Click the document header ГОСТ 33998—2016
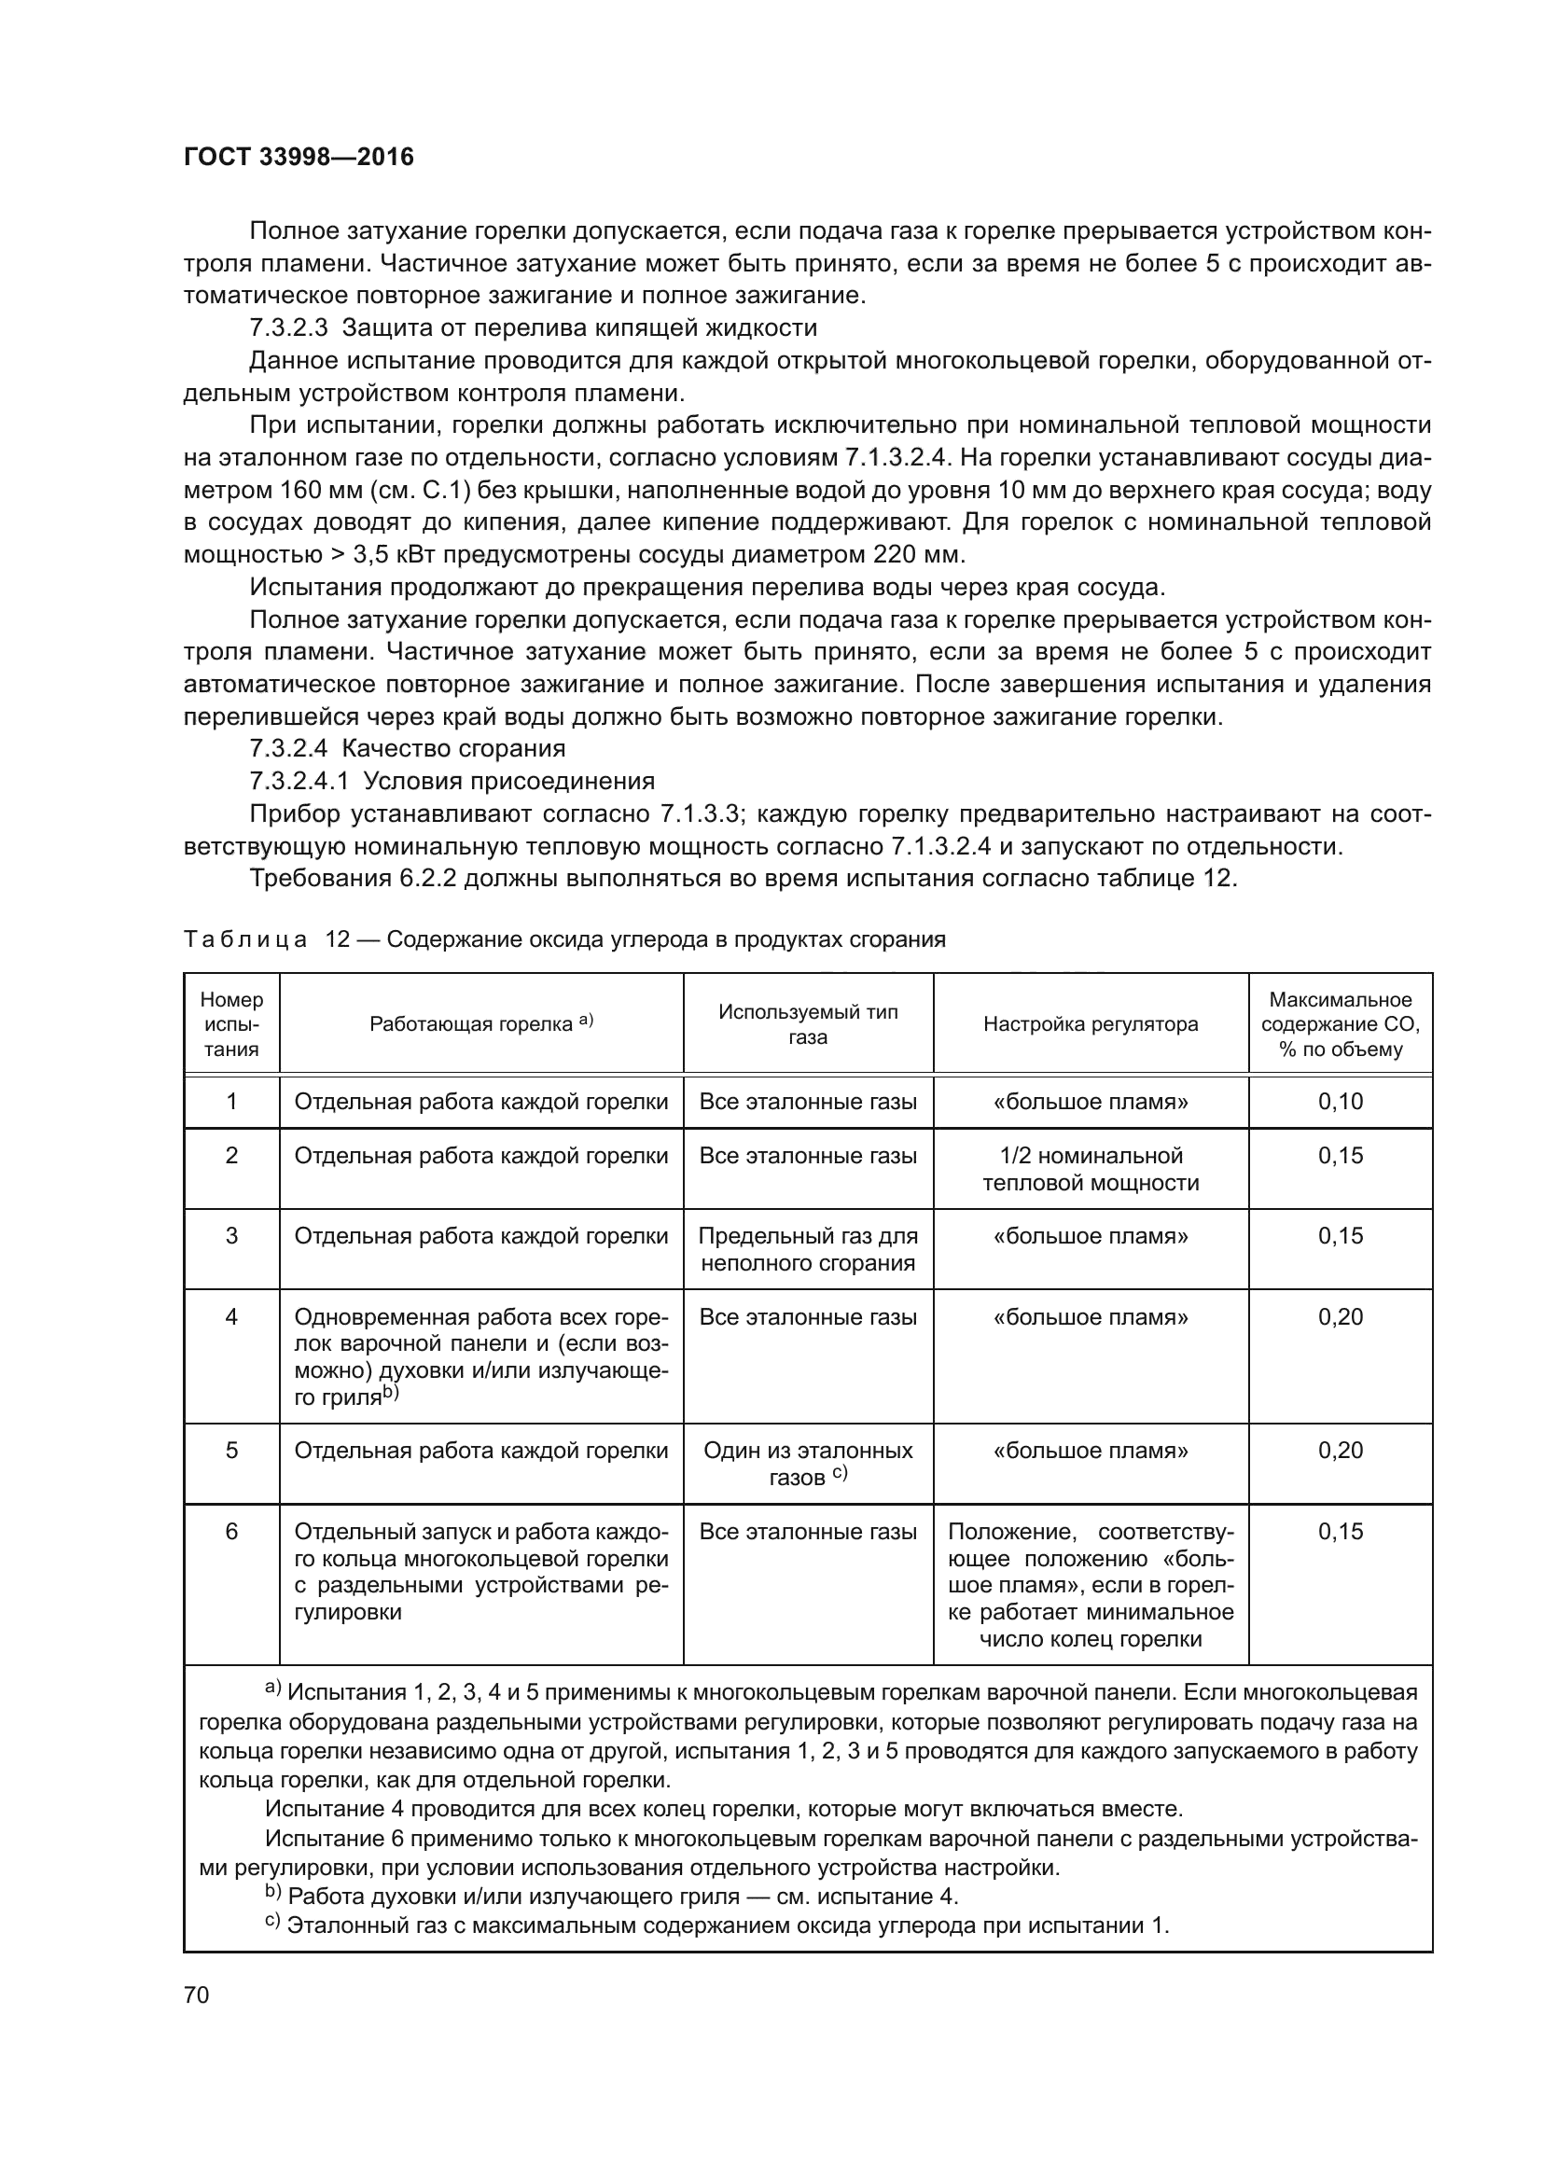coord(299,157)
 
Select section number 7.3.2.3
coord(288,327)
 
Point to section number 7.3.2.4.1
coord(299,781)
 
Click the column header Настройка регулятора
coord(1090,1023)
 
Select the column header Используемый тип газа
coord(808,1023)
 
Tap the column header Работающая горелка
coord(480,1023)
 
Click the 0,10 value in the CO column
coord(1340,1102)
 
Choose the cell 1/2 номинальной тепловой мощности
coord(1090,1169)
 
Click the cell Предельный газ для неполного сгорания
coord(808,1249)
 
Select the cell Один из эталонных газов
coord(808,1464)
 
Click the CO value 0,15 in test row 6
coord(1340,1531)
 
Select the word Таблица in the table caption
coord(245,940)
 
